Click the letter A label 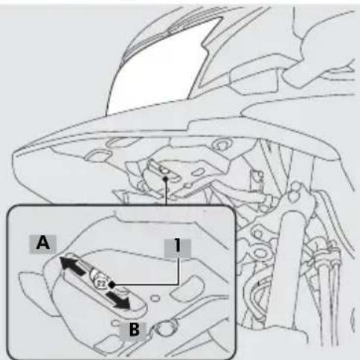point(43,244)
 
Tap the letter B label point(134,330)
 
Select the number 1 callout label point(177,248)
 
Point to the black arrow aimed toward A point(72,266)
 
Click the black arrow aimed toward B point(118,300)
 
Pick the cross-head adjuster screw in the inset point(100,282)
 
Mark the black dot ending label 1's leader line point(112,285)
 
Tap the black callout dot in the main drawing point(166,179)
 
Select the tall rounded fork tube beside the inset point(292,268)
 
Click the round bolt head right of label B point(166,328)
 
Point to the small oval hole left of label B point(115,323)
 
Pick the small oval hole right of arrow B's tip point(155,298)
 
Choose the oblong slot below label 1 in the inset point(185,289)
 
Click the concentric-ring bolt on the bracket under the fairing point(221,144)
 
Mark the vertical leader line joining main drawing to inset point(166,193)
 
